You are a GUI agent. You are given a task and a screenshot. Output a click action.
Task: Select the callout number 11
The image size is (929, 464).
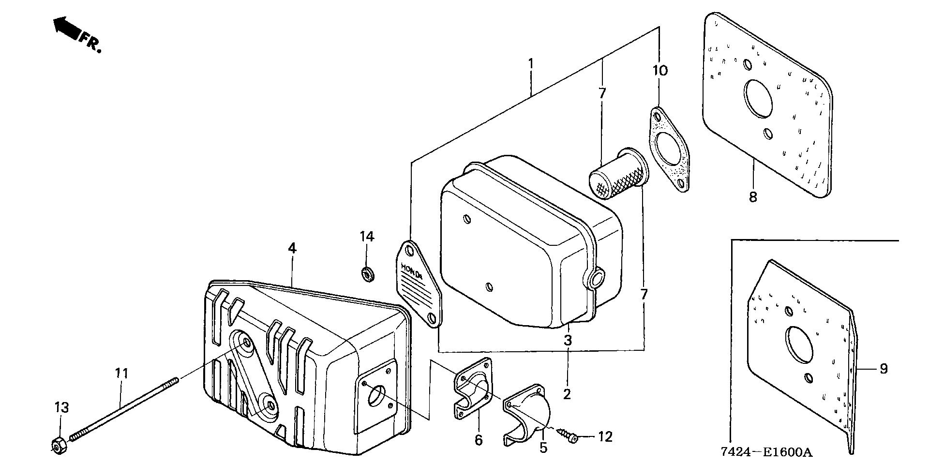click(x=121, y=374)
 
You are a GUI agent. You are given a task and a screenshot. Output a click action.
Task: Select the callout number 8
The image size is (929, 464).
click(x=753, y=197)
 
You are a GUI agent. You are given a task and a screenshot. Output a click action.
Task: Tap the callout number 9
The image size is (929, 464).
click(x=884, y=369)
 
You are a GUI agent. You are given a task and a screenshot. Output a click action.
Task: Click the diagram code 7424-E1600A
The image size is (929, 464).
click(x=766, y=452)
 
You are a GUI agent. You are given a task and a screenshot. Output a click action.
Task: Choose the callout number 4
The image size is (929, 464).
click(x=292, y=248)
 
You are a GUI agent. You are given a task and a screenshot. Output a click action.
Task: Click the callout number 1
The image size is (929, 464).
click(x=531, y=64)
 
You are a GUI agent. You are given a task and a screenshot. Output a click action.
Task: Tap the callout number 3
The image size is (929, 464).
click(x=568, y=340)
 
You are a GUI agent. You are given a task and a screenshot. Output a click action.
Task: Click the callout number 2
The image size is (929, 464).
click(x=567, y=394)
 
